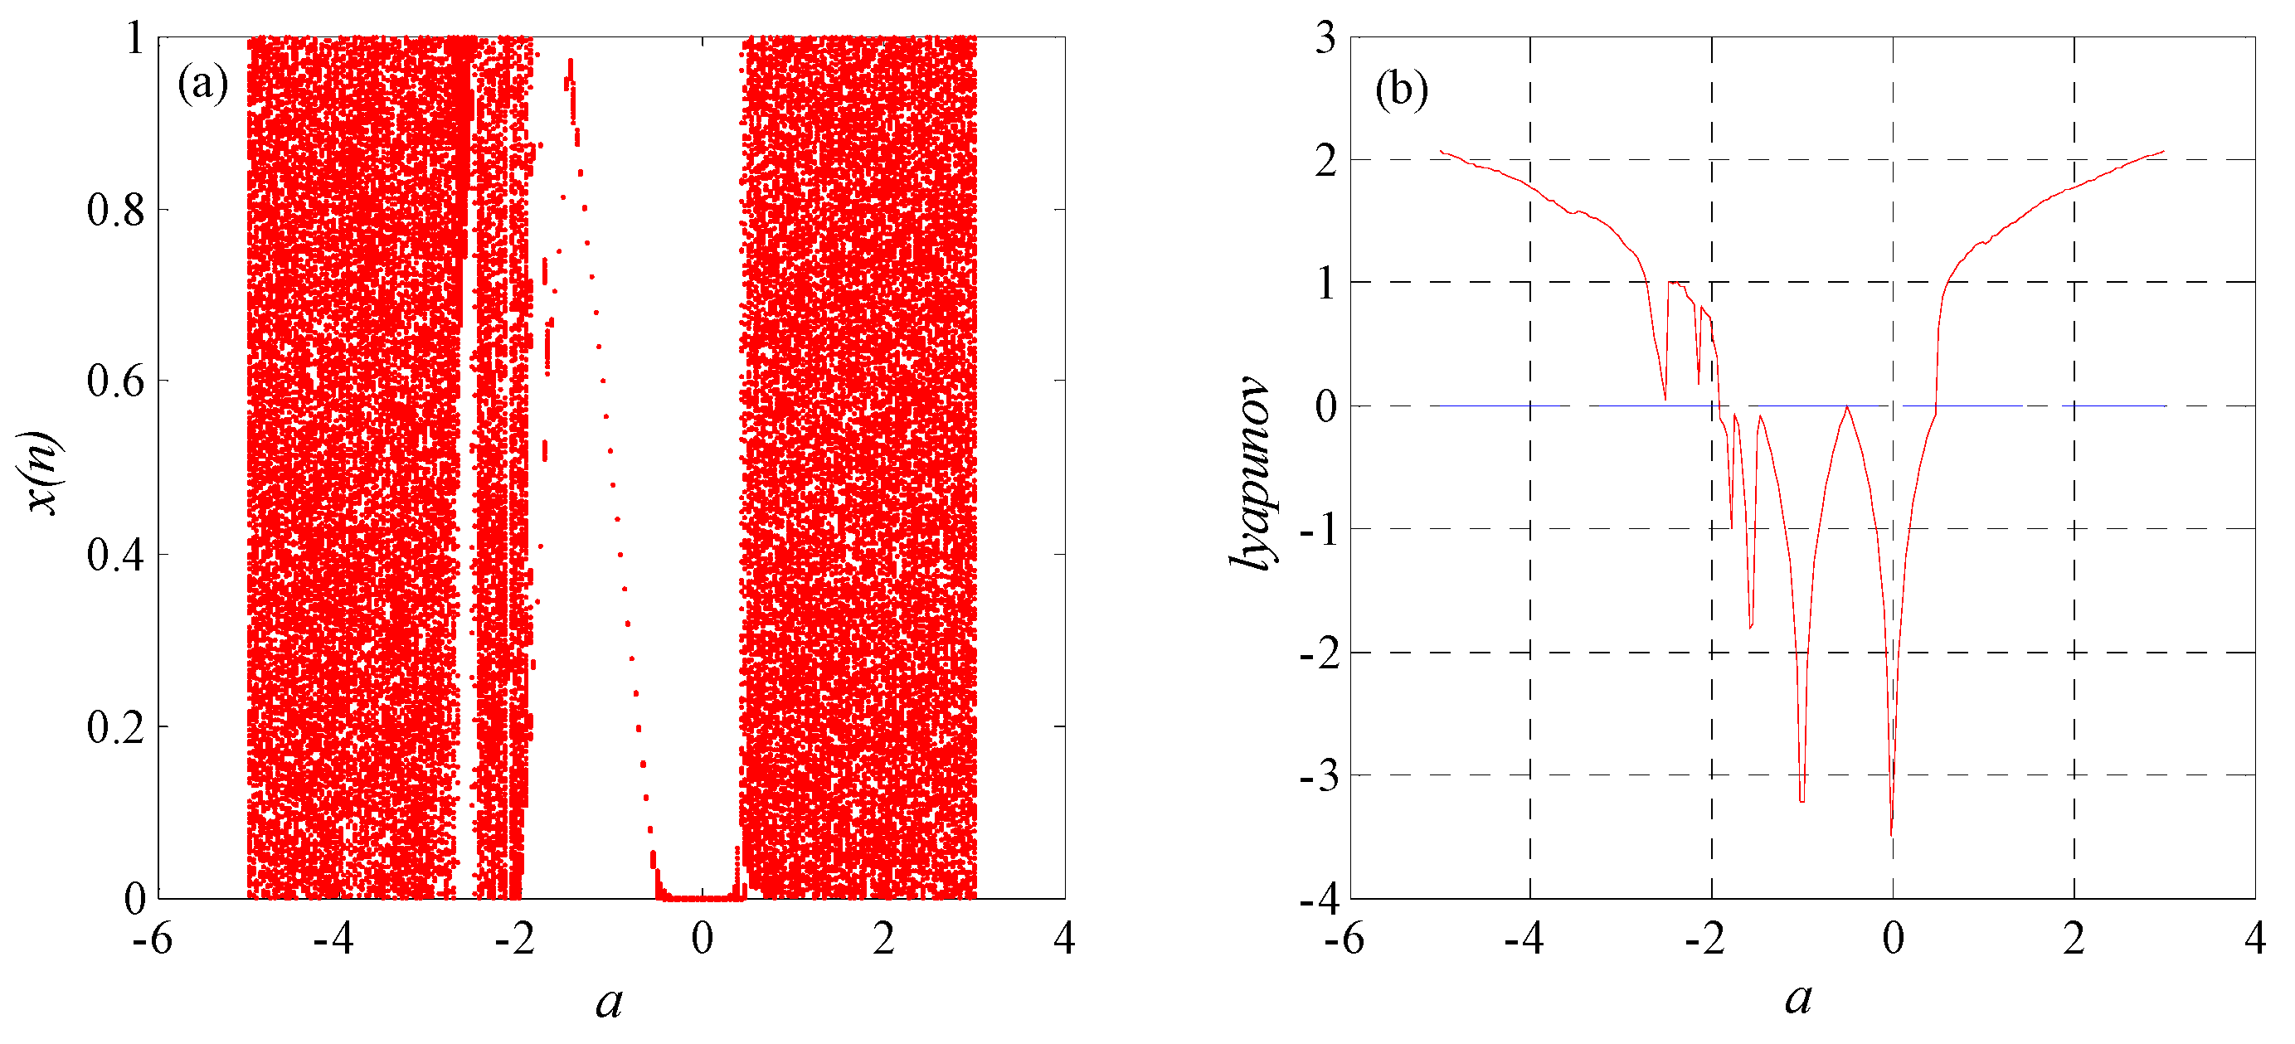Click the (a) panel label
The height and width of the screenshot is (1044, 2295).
tap(203, 85)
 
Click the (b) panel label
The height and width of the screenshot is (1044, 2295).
tap(1402, 90)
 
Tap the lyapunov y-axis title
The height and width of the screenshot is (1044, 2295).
tap(1252, 472)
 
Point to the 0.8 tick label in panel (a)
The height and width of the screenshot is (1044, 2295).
tap(116, 211)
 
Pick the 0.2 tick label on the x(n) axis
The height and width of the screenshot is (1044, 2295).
tap(116, 728)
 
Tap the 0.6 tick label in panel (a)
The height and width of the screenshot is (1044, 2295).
tap(116, 381)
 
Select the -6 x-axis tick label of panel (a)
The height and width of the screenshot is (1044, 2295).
tap(153, 939)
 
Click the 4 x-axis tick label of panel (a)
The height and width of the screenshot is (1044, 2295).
tap(1064, 939)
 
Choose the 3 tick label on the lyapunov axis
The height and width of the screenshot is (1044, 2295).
tap(1325, 38)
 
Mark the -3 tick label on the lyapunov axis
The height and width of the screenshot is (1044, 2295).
tap(1320, 776)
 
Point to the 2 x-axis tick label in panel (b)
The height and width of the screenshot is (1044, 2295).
tap(2074, 939)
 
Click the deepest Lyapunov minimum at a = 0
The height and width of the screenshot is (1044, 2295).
tap(1891, 833)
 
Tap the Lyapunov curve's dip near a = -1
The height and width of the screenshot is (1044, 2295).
tap(1801, 801)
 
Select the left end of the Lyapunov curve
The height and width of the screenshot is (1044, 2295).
tap(1441, 152)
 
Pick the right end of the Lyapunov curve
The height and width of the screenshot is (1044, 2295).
tap(2164, 152)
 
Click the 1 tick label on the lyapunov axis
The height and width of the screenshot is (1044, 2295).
tap(1325, 284)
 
